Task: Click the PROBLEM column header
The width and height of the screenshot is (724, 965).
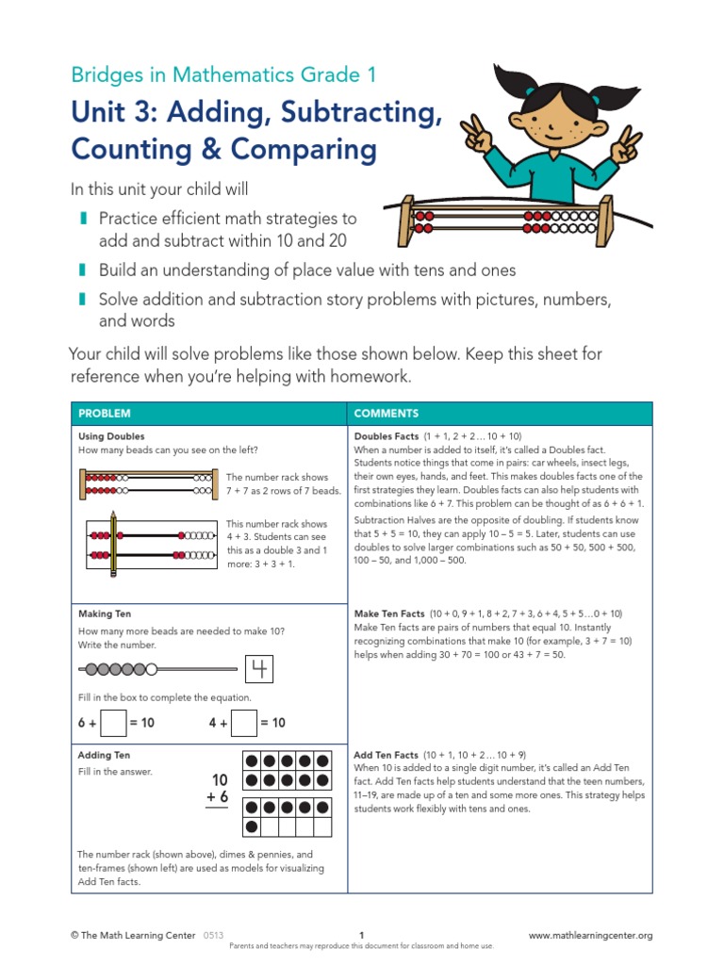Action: (x=104, y=414)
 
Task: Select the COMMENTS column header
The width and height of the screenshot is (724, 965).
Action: (x=386, y=414)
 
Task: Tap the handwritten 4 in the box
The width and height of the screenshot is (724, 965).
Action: (x=257, y=670)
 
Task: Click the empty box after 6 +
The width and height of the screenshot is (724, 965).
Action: (x=113, y=723)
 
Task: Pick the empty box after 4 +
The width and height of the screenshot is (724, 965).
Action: (x=244, y=723)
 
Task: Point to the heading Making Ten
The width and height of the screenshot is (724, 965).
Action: (x=105, y=613)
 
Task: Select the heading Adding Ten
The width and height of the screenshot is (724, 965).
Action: (x=104, y=755)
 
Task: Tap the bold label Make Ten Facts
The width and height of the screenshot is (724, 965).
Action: (x=389, y=613)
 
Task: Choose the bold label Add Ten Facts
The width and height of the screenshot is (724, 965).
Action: (x=386, y=755)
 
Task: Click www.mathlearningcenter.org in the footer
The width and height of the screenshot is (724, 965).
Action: (x=590, y=936)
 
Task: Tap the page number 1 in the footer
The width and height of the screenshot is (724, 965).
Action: (x=362, y=936)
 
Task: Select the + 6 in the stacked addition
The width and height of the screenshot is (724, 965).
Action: (x=218, y=798)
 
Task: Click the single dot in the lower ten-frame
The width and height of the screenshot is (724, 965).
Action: (x=252, y=826)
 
